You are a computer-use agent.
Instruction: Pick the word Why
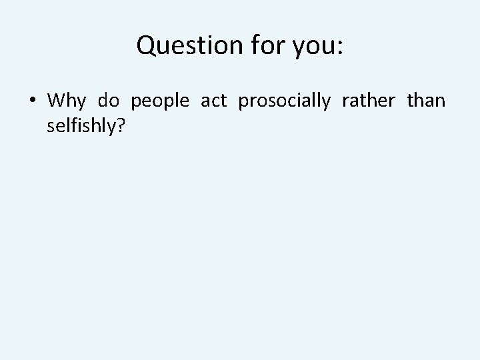click(x=67, y=101)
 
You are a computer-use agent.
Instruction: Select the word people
click(x=159, y=102)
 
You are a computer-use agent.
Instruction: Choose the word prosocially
click(x=284, y=102)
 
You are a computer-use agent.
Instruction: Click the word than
click(x=425, y=101)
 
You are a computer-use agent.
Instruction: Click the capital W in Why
click(x=57, y=101)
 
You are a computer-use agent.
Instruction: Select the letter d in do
click(x=103, y=101)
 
